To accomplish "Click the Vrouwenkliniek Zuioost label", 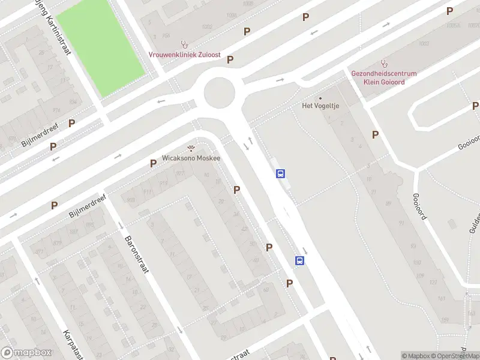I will (x=185, y=55).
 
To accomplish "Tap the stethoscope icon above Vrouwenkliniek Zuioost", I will (x=185, y=44).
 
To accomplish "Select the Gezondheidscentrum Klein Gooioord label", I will (x=384, y=78).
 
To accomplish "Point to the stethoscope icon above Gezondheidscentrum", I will (x=384, y=64).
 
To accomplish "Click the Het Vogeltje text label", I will (x=320, y=106).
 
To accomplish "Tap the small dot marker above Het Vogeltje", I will (x=320, y=98).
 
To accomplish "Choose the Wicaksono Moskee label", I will (x=191, y=158).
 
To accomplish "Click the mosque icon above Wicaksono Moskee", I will (x=191, y=149).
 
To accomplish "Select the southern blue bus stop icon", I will (x=299, y=260).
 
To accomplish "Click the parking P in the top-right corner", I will (x=449, y=11).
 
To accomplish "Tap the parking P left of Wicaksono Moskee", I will (x=154, y=164).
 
